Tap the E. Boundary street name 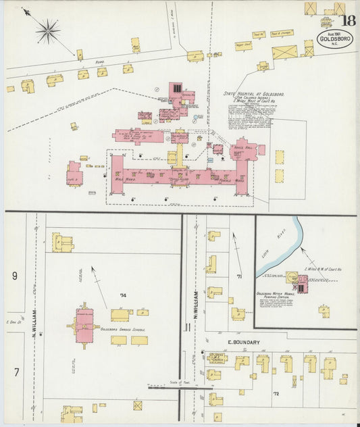(243, 343)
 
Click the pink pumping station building (301, 284)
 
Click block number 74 (122, 295)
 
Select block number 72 (276, 393)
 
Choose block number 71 (239, 277)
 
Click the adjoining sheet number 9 (14, 276)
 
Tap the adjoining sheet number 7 (14, 372)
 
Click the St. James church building (217, 359)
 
